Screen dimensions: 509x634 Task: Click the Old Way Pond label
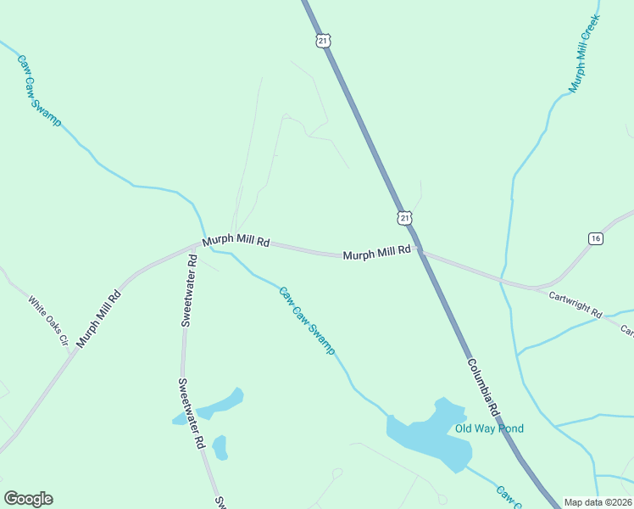coord(489,428)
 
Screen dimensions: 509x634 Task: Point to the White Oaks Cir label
coord(47,320)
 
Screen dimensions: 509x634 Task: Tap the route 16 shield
coord(595,239)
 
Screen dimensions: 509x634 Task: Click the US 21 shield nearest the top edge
coord(322,40)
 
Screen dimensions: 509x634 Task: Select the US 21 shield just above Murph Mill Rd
coord(404,218)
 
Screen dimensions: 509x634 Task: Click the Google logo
coord(28,499)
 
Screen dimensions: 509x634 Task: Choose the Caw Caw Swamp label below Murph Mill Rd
coord(308,320)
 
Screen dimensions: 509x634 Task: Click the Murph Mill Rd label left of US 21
coord(376,254)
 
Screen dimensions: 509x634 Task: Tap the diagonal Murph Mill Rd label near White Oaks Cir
coord(99,319)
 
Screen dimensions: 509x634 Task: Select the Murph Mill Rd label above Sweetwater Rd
coord(236,241)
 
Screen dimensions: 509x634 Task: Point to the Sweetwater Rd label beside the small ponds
coord(191,413)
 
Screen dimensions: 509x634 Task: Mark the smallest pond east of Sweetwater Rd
coord(220,446)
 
